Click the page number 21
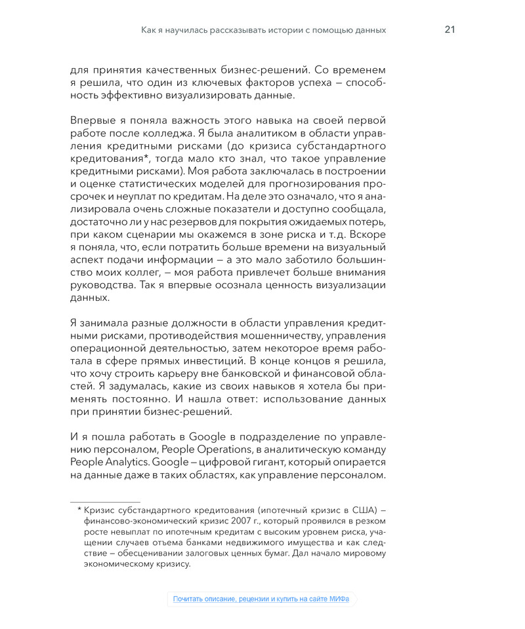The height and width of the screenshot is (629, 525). pyautogui.click(x=450, y=29)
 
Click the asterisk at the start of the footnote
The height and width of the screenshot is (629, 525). pyautogui.click(x=79, y=510)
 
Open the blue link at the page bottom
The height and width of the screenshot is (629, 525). pyautogui.click(x=261, y=599)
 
